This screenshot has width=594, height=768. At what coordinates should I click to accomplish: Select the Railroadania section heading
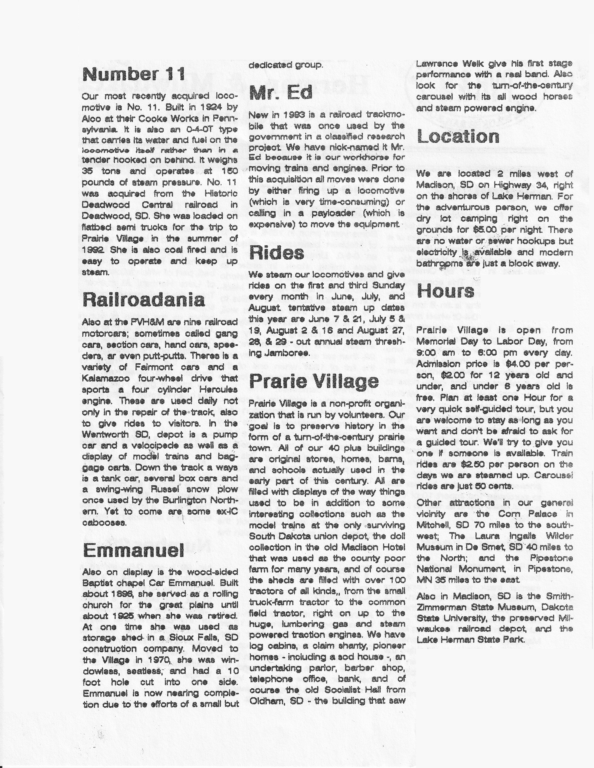click(x=144, y=300)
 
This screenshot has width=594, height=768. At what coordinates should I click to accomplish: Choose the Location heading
click(x=458, y=136)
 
